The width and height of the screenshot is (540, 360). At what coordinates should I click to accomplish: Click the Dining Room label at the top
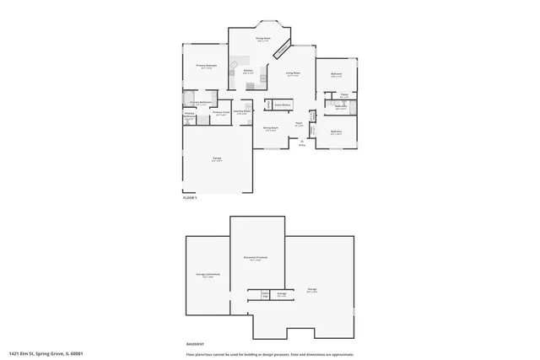pos(263,38)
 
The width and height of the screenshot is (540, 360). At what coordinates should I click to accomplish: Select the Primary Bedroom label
pos(207,66)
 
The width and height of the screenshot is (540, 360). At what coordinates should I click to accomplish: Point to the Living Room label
pos(293,75)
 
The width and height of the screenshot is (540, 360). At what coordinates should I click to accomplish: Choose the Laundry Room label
pos(240,111)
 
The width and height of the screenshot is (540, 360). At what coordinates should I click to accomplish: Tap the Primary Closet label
pos(221,113)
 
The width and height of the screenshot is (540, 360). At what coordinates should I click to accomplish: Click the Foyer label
pos(299,123)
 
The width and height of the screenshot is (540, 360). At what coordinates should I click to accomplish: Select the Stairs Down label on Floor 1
pos(282,105)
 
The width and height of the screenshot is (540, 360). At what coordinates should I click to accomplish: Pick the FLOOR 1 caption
pos(190,197)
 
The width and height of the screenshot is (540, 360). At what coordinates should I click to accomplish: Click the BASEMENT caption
pos(195,345)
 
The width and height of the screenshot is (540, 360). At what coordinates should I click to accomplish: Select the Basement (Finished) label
pos(256,257)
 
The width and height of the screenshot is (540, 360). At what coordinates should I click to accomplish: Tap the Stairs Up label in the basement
pos(265,295)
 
